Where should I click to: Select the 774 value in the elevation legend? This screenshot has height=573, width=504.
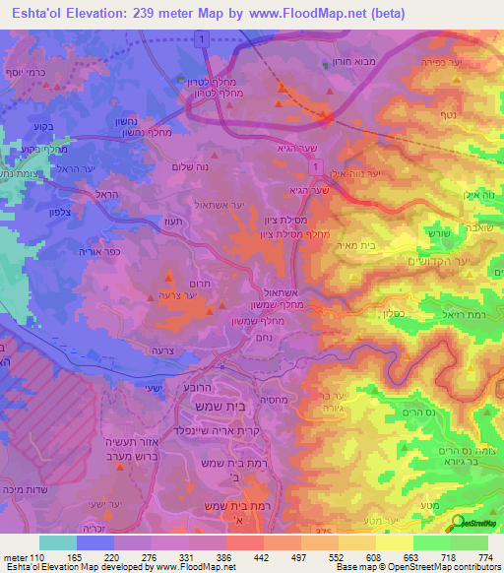(x=485, y=558)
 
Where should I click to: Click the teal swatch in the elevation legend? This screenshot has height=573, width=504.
(x=57, y=543)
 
